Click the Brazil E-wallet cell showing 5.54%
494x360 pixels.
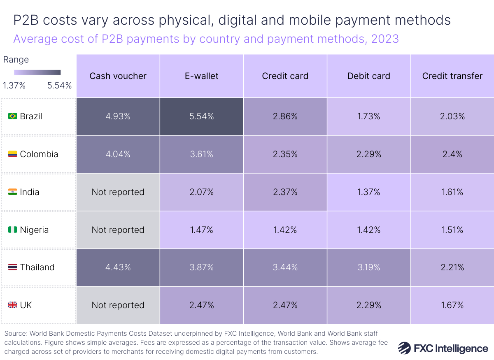201,116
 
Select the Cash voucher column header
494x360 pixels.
118,76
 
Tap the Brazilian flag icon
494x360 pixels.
12,116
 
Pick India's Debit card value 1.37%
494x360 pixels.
368,192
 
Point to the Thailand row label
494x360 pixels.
37,267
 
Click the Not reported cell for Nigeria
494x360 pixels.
118,230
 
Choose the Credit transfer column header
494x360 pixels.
452,76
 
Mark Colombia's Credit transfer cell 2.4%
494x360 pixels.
452,154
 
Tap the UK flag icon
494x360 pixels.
12,305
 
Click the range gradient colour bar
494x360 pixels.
37,72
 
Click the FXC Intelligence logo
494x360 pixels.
443,348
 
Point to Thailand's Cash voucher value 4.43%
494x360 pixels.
118,267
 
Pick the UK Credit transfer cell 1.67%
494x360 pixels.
452,305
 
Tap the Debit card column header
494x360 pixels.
368,76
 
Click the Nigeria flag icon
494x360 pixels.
12,230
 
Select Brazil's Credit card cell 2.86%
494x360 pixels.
285,116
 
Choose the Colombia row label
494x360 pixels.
39,154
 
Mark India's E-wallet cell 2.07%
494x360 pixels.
201,192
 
